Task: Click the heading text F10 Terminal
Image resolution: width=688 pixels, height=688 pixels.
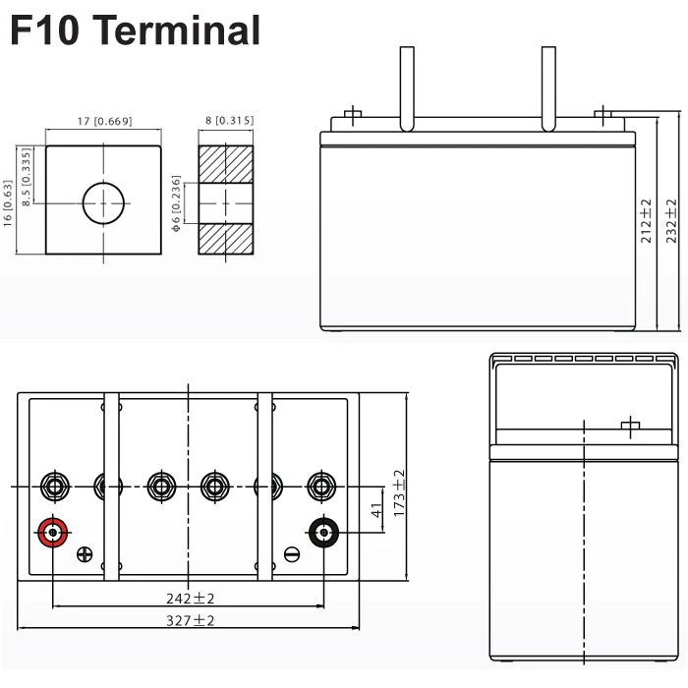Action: click(135, 31)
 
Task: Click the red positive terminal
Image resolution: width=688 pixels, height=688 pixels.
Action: click(51, 533)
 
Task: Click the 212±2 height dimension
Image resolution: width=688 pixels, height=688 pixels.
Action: click(645, 221)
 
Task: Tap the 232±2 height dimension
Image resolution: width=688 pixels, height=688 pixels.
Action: click(671, 221)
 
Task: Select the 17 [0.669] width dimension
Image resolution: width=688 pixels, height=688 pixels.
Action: click(104, 122)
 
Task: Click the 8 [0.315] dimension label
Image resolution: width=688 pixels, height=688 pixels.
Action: click(229, 121)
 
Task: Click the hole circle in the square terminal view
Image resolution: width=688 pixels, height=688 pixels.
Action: click(104, 203)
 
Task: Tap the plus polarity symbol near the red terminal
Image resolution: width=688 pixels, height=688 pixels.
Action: click(85, 554)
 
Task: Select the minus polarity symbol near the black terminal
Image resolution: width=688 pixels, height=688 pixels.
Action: click(291, 554)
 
